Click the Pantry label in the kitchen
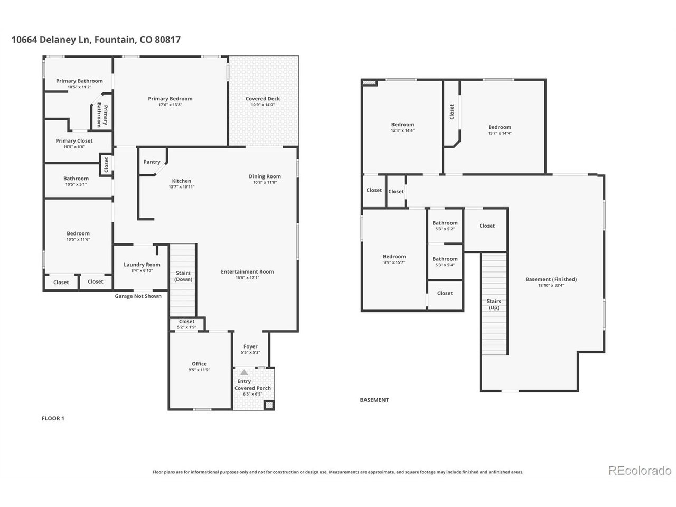(x=152, y=162)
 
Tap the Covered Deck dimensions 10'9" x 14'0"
(x=262, y=105)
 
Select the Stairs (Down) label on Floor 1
(x=183, y=276)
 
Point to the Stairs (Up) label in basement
(x=494, y=304)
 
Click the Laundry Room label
(x=142, y=265)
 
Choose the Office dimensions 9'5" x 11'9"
(x=199, y=370)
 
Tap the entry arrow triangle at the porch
(x=244, y=372)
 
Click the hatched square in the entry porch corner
(x=269, y=406)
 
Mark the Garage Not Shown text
(x=138, y=296)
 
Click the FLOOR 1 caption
(x=53, y=418)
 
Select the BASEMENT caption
(x=374, y=400)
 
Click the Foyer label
(x=250, y=346)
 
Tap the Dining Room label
(x=265, y=176)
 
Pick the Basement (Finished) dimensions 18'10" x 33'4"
(x=551, y=285)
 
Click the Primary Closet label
(x=74, y=140)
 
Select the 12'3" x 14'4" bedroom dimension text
(x=402, y=130)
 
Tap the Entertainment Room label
(x=247, y=271)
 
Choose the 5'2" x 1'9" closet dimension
(x=186, y=327)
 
